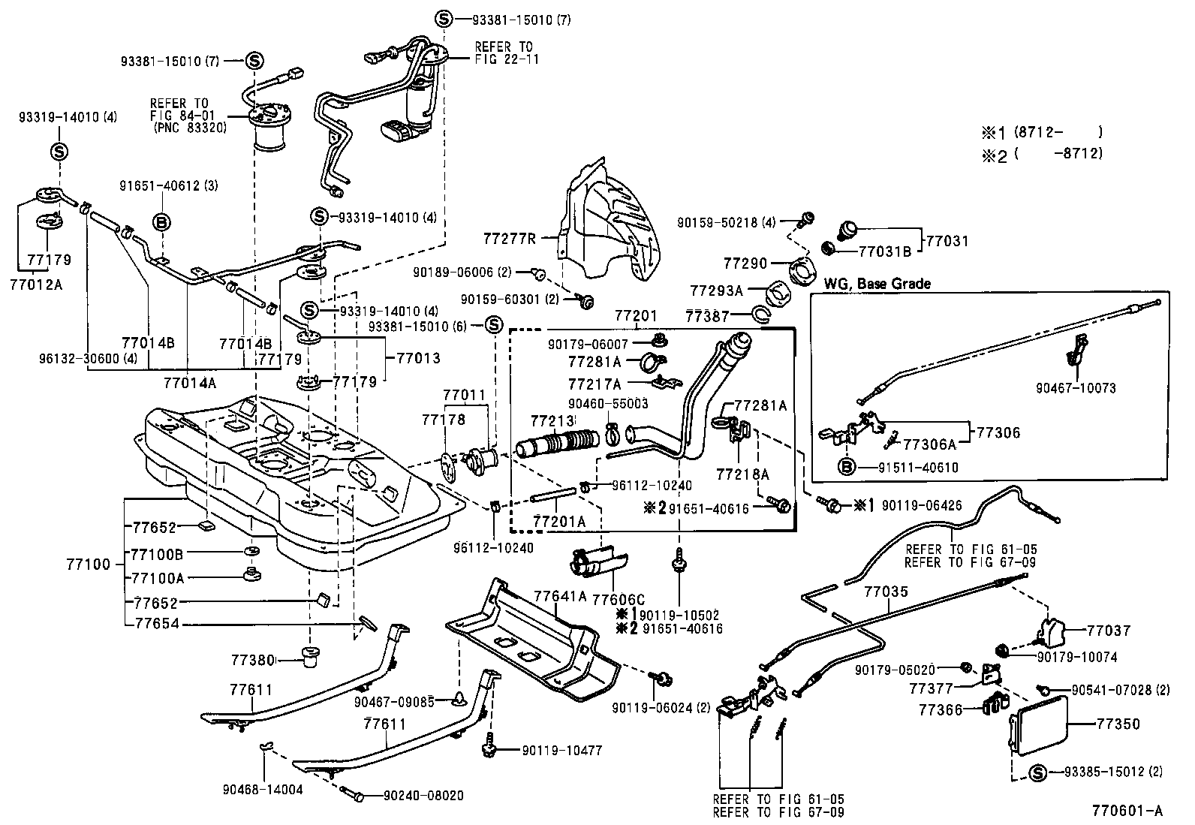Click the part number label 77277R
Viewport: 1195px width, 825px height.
(510, 239)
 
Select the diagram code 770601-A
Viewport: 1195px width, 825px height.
(1127, 811)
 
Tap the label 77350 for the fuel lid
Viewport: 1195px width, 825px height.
(1118, 724)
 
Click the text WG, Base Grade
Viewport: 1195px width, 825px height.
(877, 284)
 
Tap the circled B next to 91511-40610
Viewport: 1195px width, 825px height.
(847, 468)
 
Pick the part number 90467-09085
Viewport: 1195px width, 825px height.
(394, 702)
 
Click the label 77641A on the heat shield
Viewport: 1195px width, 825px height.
(560, 596)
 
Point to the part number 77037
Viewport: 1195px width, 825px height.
(1108, 631)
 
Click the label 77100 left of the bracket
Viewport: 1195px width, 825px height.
(87, 563)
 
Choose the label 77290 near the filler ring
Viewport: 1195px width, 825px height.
(745, 263)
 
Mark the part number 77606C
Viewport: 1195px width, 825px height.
(619, 599)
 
